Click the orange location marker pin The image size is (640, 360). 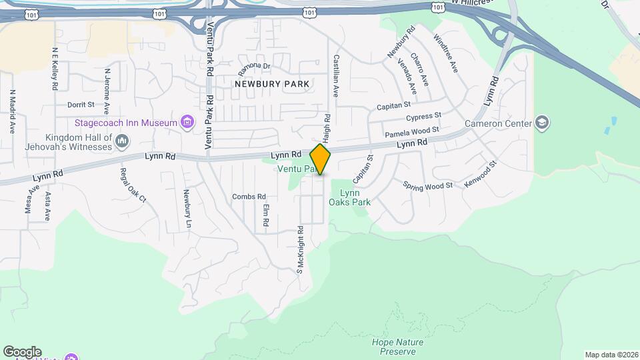pos(321,160)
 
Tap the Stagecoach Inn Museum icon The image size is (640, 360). pos(187,122)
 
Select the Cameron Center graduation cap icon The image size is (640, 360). pos(542,123)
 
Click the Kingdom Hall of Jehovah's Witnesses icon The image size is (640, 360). pos(122,141)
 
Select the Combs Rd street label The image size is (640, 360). pos(249,197)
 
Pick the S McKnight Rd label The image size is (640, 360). pos(301,250)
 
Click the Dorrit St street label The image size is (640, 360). pos(81,105)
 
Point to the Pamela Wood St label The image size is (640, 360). pos(411,131)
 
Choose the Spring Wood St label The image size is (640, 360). pos(427,186)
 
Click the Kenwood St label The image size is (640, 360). pos(481,173)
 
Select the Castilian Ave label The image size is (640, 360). pos(337,76)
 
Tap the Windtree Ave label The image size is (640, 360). pos(445,53)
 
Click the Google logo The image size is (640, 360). pos(22,352)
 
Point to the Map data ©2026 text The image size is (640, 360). pos(610,355)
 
